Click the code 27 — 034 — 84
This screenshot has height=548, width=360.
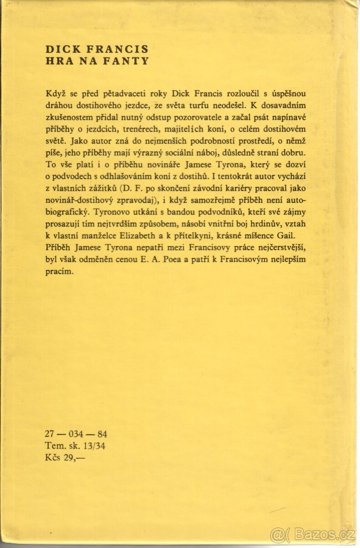tap(76, 434)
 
